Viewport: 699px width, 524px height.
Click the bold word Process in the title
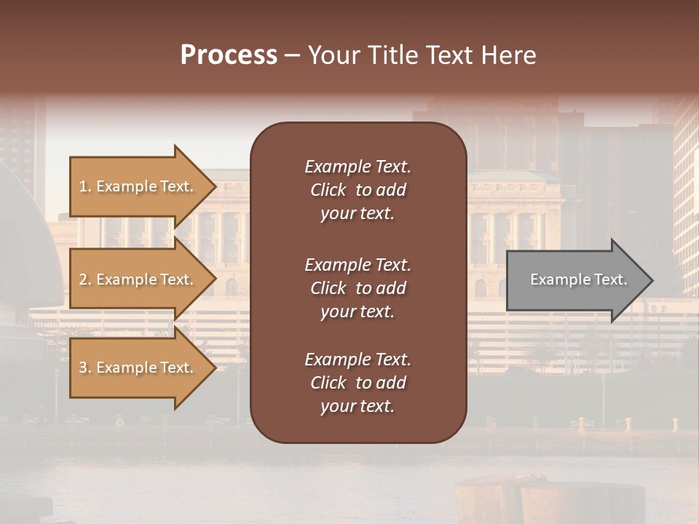point(229,55)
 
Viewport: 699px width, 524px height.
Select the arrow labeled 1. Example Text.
point(138,186)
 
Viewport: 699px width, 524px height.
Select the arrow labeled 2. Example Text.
point(138,279)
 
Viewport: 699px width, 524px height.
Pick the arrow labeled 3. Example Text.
point(138,368)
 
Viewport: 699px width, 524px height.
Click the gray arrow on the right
point(575,279)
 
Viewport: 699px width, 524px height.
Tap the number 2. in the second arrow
point(85,279)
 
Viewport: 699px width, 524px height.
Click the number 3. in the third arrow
point(85,368)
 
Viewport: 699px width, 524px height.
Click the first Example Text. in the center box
point(358,167)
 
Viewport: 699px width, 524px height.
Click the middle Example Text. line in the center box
point(358,265)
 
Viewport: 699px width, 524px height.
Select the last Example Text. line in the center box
point(358,360)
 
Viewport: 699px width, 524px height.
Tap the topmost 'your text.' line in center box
point(358,214)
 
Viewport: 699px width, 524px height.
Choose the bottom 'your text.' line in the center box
point(358,407)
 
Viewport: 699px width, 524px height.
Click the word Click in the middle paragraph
point(328,288)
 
